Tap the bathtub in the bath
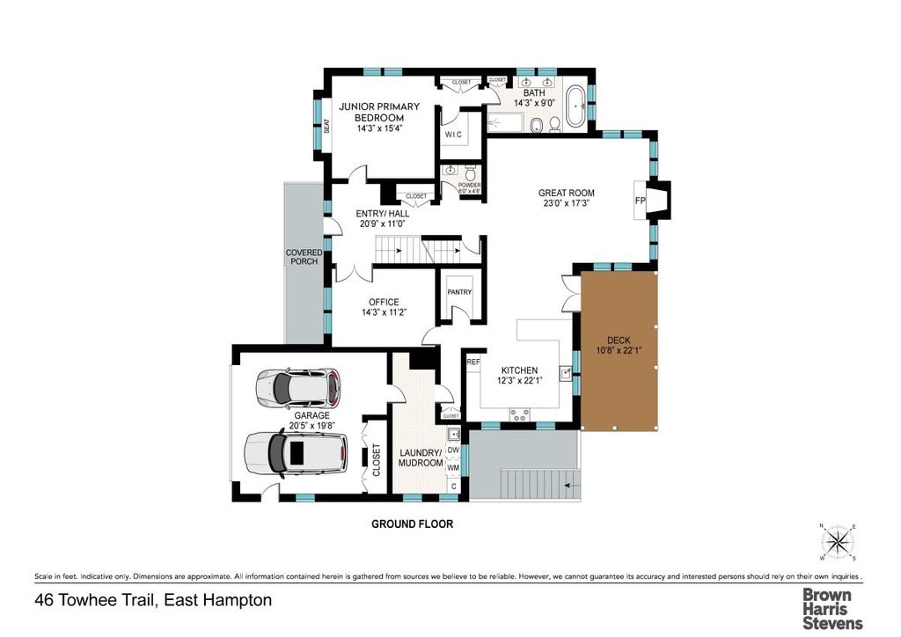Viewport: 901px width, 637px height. [577, 106]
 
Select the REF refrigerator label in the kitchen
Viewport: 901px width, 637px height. [472, 361]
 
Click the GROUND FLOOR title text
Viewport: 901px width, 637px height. [412, 524]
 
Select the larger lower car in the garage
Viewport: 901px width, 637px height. [292, 452]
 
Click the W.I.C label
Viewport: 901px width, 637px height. [453, 135]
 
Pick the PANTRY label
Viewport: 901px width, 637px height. [459, 292]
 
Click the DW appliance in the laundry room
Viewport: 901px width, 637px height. [454, 450]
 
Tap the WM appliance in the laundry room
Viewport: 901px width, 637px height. [454, 468]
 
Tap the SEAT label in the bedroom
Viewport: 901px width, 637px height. [326, 127]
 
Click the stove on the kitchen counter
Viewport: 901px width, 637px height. [516, 412]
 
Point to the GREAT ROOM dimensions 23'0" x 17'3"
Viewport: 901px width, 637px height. [566, 204]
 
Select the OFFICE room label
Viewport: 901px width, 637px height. [384, 302]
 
